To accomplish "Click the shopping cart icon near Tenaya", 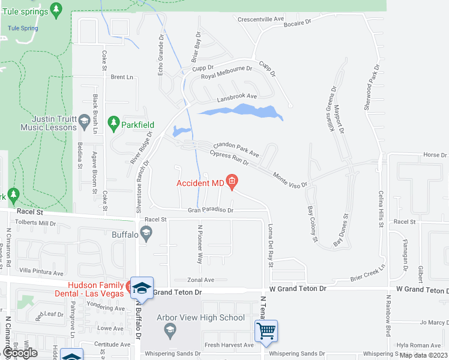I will pyautogui.click(x=265, y=331).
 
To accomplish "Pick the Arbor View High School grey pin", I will pyautogui.click(x=170, y=329).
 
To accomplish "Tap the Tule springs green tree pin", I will pyautogui.click(x=56, y=9).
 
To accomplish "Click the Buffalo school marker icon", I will pyautogui.click(x=145, y=232).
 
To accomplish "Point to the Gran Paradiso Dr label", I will pyautogui.click(x=210, y=211).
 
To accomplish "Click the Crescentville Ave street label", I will pyautogui.click(x=261, y=19).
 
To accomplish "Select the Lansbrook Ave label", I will pyautogui.click(x=237, y=96).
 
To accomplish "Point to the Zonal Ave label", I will pyautogui.click(x=200, y=280).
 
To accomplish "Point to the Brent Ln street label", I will pyautogui.click(x=121, y=77).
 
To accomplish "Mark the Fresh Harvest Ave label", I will pyautogui.click(x=229, y=345).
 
